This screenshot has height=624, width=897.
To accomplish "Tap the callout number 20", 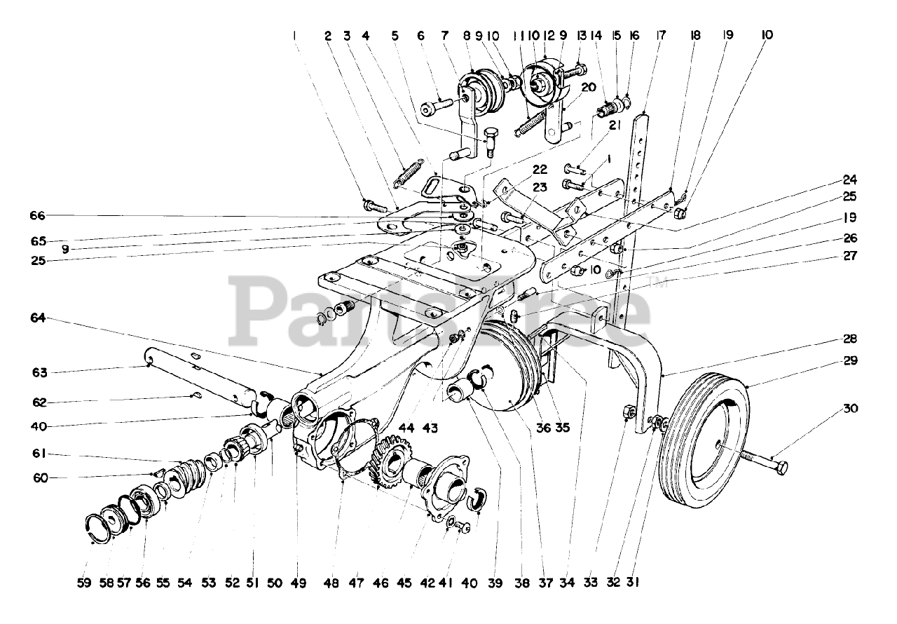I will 587,88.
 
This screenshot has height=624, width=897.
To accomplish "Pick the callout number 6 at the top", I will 420,34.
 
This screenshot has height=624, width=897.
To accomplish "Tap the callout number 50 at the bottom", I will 274,583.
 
